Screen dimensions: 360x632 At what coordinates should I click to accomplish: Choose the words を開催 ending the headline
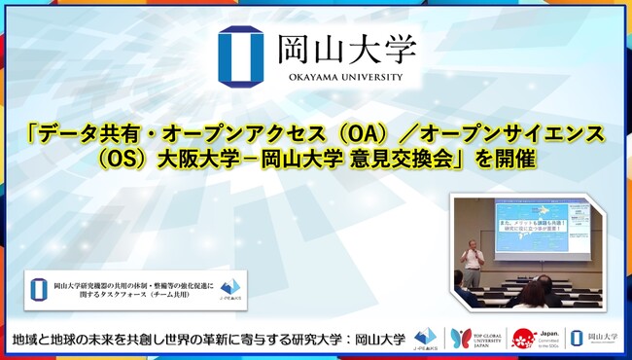pyautogui.click(x=498, y=159)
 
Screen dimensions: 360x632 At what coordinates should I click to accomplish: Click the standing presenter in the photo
pyautogui.click(x=472, y=258)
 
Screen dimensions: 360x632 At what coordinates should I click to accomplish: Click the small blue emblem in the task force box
pyautogui.click(x=40, y=288)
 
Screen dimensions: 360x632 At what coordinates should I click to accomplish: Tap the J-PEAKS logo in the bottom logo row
pyautogui.click(x=426, y=339)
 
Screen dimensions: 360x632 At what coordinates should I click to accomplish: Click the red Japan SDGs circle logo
pyautogui.click(x=525, y=339)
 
